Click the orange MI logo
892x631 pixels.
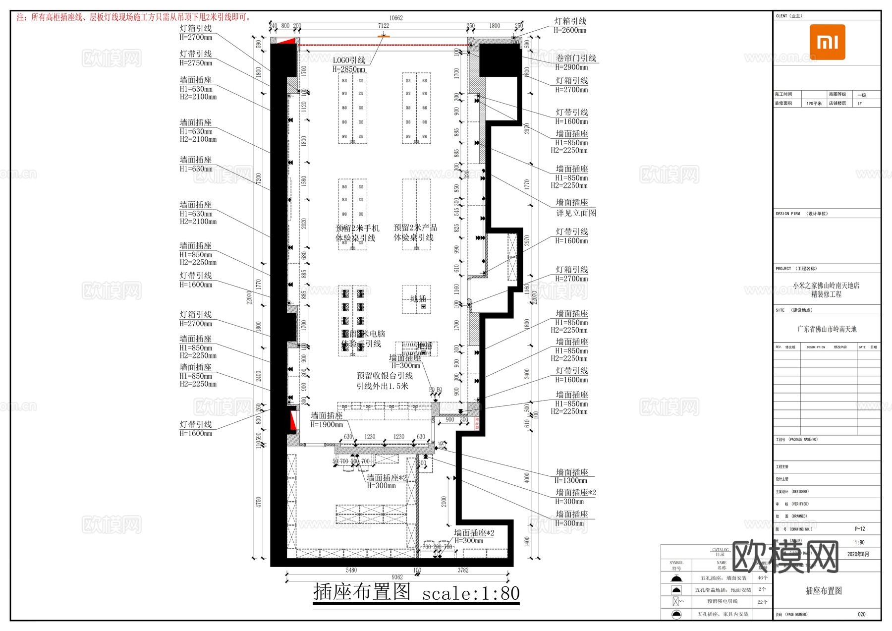pyautogui.click(x=827, y=42)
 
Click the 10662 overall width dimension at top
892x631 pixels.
pyautogui.click(x=395, y=18)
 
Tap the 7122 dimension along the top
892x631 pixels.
pyautogui.click(x=383, y=26)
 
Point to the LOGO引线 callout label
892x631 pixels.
pyautogui.click(x=349, y=60)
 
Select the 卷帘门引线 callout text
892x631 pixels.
pyautogui.click(x=576, y=58)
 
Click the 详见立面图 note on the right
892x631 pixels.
pyautogui.click(x=576, y=213)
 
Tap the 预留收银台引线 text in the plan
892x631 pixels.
pyautogui.click(x=385, y=376)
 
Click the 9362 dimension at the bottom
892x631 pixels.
pyautogui.click(x=397, y=577)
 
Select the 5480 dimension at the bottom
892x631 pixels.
pyautogui.click(x=351, y=570)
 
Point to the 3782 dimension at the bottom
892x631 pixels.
pyautogui.click(x=462, y=570)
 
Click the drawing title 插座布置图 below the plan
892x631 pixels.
pyautogui.click(x=362, y=592)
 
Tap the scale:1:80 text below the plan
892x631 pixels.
pyautogui.click(x=470, y=593)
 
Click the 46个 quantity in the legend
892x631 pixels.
pyautogui.click(x=762, y=578)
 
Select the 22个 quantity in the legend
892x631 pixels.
pyautogui.click(x=762, y=602)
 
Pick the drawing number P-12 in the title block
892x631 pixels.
pyautogui.click(x=860, y=529)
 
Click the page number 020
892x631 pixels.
pyautogui.click(x=861, y=614)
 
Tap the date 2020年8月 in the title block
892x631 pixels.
pyautogui.click(x=858, y=554)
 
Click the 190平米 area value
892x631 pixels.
pyautogui.click(x=814, y=104)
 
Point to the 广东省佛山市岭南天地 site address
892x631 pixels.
pyautogui.click(x=827, y=329)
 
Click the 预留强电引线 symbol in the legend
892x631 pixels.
pyautogui.click(x=676, y=602)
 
